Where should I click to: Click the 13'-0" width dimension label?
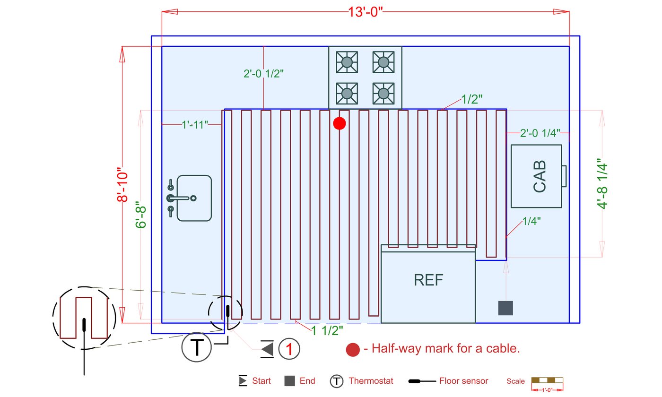tap(365, 12)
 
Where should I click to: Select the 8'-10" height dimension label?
tap(122, 185)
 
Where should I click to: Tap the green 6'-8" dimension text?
tap(141, 215)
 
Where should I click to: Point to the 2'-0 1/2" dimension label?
tap(263, 74)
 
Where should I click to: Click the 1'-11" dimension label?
tap(195, 125)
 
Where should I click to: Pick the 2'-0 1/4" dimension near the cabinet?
tap(540, 133)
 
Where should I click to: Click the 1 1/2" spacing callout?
tap(327, 330)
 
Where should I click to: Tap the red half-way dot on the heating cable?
tap(340, 123)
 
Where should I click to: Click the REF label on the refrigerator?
tap(428, 280)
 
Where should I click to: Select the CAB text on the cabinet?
tap(540, 176)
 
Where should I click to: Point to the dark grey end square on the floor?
tap(505, 308)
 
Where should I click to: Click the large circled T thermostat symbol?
tap(197, 347)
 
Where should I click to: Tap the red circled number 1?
tap(289, 349)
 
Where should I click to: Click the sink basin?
tap(194, 198)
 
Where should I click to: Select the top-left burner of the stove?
tap(347, 62)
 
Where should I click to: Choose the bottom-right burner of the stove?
tap(383, 94)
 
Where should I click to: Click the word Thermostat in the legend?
tap(371, 381)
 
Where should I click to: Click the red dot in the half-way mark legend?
tap(353, 350)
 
